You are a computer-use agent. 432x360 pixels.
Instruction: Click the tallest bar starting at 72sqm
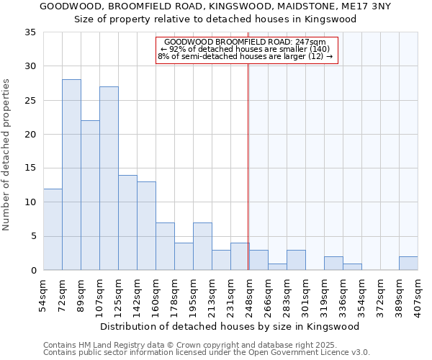pos(71,175)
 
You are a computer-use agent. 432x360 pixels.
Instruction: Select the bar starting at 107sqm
pos(109,179)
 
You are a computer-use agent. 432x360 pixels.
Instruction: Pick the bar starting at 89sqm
pos(90,195)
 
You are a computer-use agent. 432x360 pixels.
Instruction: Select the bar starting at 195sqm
pos(202,246)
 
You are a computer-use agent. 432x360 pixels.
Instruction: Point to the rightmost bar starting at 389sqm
pos(408,264)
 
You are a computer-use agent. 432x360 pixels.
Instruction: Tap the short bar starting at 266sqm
pos(277,267)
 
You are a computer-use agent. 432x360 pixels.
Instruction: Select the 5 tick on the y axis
pos(34,237)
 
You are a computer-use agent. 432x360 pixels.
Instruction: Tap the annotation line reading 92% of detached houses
pos(245,49)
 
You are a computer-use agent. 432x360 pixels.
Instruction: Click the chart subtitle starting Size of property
pos(215,19)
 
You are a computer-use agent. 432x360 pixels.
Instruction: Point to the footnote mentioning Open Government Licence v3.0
pos(207,353)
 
